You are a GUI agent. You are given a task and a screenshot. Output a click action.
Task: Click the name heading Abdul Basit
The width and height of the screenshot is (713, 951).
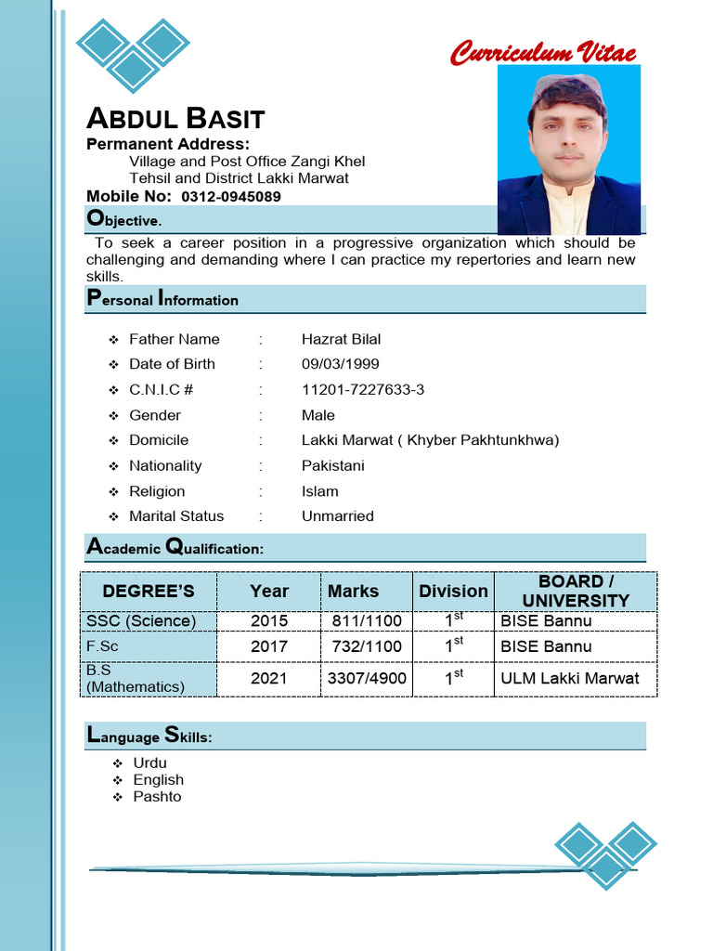pyautogui.click(x=175, y=119)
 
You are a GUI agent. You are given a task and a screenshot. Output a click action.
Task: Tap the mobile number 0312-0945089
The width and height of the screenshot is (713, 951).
pyautogui.click(x=231, y=197)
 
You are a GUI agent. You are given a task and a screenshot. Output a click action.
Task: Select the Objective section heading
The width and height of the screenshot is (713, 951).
pyautogui.click(x=124, y=220)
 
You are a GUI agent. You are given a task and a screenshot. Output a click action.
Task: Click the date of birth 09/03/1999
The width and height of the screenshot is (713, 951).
pyautogui.click(x=340, y=364)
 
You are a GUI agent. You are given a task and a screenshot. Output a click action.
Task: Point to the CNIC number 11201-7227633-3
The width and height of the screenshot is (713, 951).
pyautogui.click(x=363, y=389)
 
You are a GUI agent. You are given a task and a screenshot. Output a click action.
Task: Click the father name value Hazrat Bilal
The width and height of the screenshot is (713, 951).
pyautogui.click(x=341, y=339)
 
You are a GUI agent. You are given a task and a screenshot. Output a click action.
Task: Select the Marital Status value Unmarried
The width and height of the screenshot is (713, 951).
pyautogui.click(x=337, y=515)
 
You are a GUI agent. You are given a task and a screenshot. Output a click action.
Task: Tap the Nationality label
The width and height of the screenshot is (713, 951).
pyautogui.click(x=165, y=465)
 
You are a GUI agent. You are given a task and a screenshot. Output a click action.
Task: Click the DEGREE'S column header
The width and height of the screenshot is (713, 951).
pyautogui.click(x=149, y=592)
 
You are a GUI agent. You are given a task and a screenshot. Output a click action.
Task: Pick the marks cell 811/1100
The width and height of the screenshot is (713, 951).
pyautogui.click(x=367, y=620)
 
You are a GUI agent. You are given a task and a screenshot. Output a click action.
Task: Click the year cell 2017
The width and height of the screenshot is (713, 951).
pyautogui.click(x=269, y=646)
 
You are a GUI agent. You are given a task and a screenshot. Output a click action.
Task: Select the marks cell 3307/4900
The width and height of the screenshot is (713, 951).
pyautogui.click(x=367, y=678)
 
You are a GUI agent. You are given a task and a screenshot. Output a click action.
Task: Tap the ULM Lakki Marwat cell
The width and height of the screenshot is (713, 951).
pyautogui.click(x=569, y=678)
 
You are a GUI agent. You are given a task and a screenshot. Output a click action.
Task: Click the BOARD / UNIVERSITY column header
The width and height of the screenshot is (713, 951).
pyautogui.click(x=576, y=592)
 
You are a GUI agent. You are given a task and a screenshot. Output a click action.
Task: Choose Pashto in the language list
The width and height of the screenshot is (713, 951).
pyautogui.click(x=157, y=797)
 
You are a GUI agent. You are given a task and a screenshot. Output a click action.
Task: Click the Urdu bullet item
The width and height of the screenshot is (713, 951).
pyautogui.click(x=149, y=763)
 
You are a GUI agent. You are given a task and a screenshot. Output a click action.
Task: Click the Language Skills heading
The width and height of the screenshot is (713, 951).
pyautogui.click(x=149, y=736)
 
